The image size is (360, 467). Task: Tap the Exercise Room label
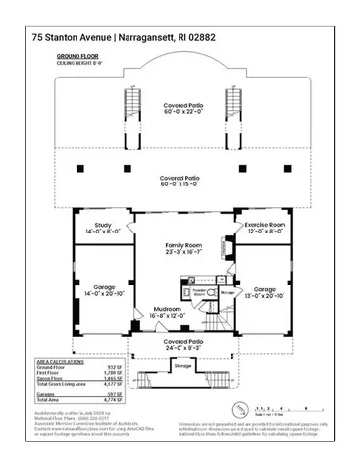264,227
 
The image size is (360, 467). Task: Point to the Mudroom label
163,312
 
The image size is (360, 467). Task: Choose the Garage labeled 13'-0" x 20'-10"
265,290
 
